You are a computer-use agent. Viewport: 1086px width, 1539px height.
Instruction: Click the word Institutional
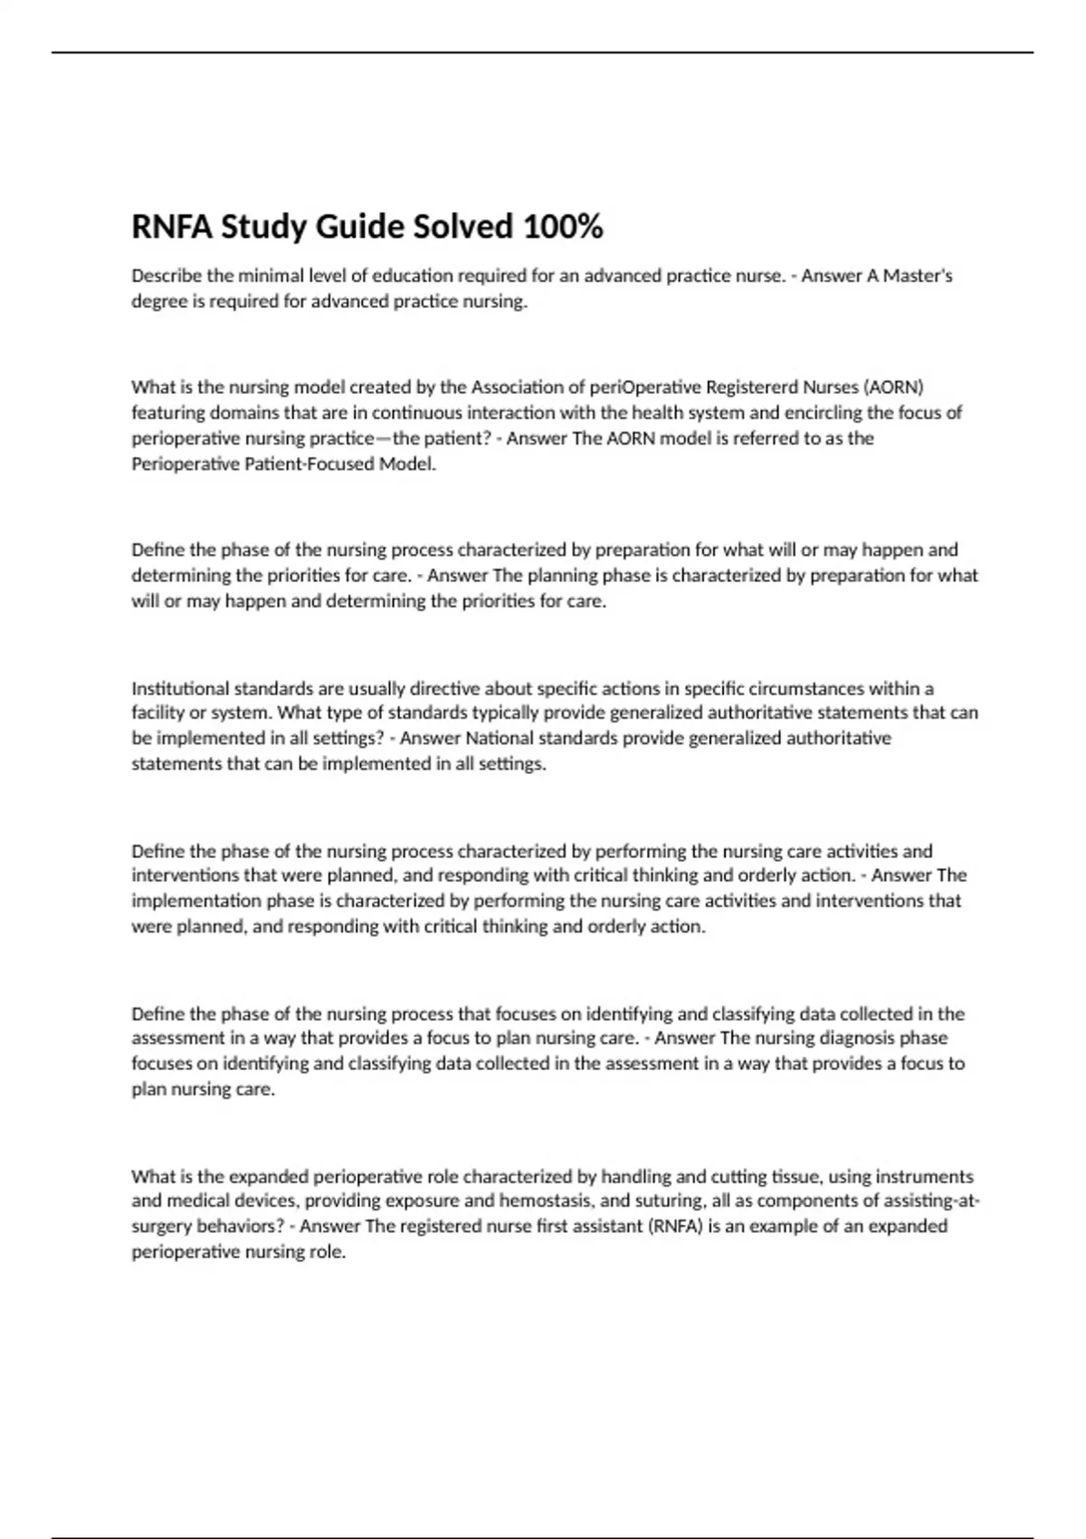click(180, 688)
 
